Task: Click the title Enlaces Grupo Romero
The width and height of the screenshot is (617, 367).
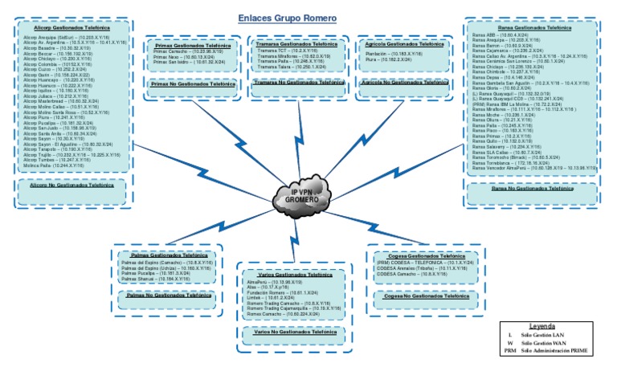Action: pos(287,18)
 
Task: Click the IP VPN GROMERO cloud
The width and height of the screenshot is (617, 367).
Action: pos(304,196)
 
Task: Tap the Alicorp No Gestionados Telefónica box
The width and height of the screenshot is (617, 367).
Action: pos(71,185)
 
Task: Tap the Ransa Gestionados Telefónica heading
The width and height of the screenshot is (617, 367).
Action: pos(533,28)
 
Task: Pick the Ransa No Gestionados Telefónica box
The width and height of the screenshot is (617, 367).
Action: pos(533,188)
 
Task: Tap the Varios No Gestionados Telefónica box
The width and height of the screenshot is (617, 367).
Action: pos(292,332)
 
